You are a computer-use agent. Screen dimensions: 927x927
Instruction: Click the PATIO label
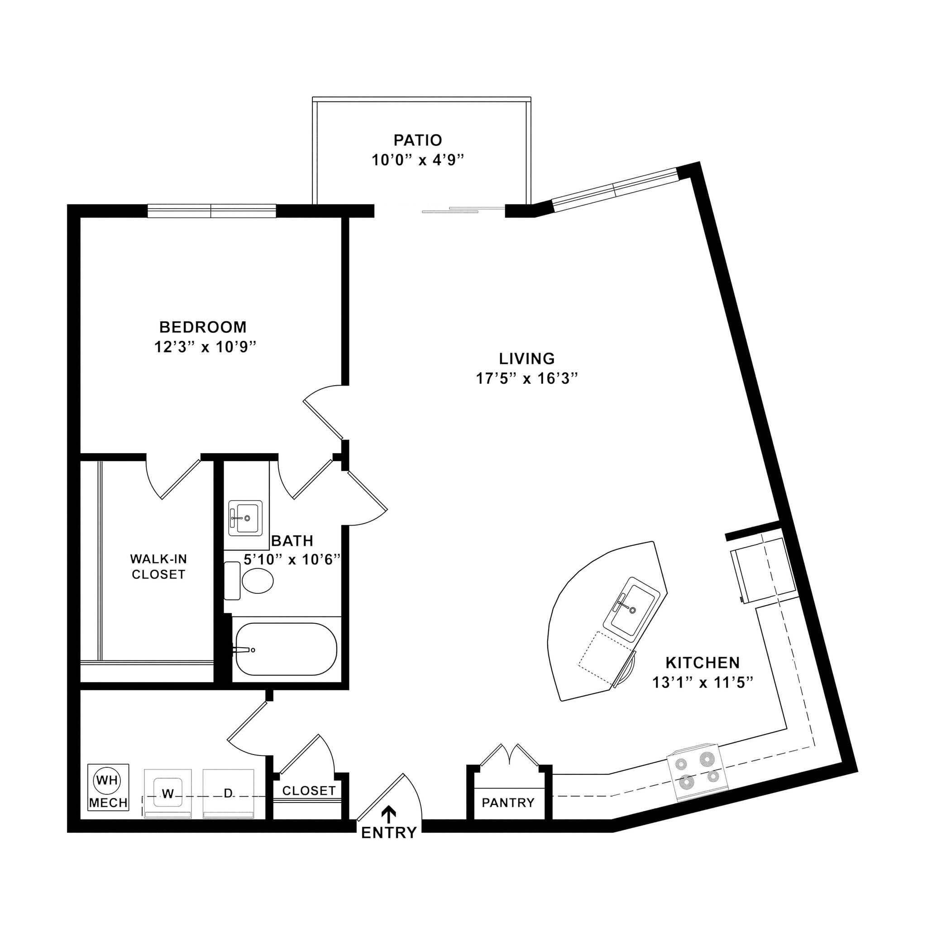[417, 140]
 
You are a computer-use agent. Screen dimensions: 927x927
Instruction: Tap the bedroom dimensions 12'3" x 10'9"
[203, 347]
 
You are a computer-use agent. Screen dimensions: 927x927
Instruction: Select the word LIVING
[527, 358]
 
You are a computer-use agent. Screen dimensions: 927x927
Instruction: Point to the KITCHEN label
[702, 663]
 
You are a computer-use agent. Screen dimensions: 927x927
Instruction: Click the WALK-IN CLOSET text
[158, 567]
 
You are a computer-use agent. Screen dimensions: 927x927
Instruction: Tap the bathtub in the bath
[286, 649]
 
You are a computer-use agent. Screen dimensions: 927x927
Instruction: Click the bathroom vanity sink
[245, 518]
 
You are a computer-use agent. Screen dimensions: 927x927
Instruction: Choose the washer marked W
[167, 794]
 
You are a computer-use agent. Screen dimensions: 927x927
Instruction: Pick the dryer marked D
[228, 794]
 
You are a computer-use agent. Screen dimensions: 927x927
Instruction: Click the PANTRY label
[508, 802]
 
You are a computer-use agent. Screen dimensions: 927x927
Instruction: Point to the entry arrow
[389, 812]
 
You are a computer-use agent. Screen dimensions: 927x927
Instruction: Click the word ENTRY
[389, 833]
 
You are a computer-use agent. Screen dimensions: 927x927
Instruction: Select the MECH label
[109, 802]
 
